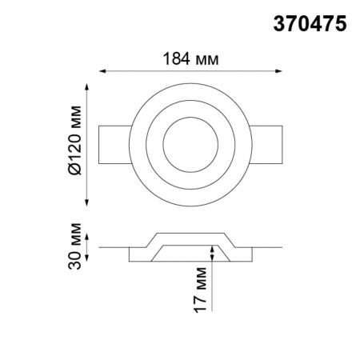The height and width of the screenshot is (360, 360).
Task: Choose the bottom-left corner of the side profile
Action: point(130,262)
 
